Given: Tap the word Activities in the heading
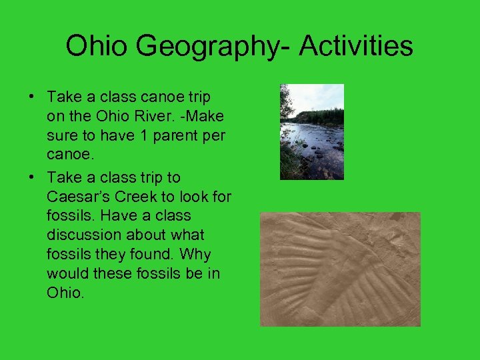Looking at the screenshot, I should click(356, 46).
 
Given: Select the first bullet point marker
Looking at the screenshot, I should click(32, 97).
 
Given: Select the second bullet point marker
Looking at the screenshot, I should click(32, 177).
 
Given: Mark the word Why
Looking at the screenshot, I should click(195, 255).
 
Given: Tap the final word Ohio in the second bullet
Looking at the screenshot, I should click(65, 293).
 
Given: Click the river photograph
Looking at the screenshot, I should click(311, 131).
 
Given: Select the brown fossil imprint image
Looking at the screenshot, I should click(340, 269).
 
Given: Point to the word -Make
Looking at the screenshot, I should click(203, 117).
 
